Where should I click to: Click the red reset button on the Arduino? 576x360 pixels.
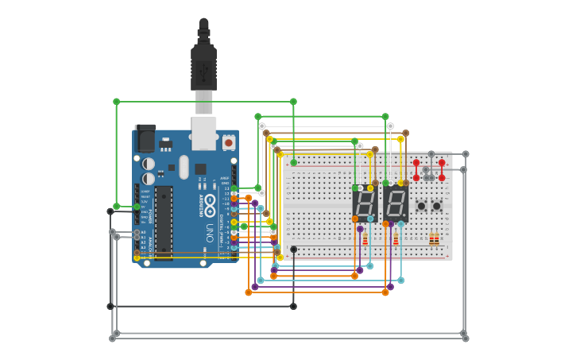[x=229, y=142]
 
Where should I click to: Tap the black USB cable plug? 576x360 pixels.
[x=203, y=68]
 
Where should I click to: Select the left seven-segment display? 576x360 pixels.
[x=365, y=204]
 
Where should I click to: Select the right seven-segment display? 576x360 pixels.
[x=396, y=204]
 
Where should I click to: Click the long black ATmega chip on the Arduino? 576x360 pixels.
[x=164, y=223]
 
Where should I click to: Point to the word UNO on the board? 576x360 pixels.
[x=210, y=233]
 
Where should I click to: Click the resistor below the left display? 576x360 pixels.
[x=365, y=239]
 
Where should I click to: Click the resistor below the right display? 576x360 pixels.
[x=396, y=239]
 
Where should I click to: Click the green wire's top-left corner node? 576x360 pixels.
[x=117, y=102]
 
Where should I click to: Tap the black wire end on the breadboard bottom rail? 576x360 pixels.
[x=293, y=250]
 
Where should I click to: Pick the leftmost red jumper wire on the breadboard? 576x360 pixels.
[x=416, y=170]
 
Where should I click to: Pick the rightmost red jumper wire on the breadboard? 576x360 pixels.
[x=442, y=170]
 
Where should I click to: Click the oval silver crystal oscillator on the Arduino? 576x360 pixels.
[x=184, y=167]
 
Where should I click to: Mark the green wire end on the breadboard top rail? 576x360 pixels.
[x=293, y=163]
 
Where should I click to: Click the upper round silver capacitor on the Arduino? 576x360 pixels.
[x=149, y=164]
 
